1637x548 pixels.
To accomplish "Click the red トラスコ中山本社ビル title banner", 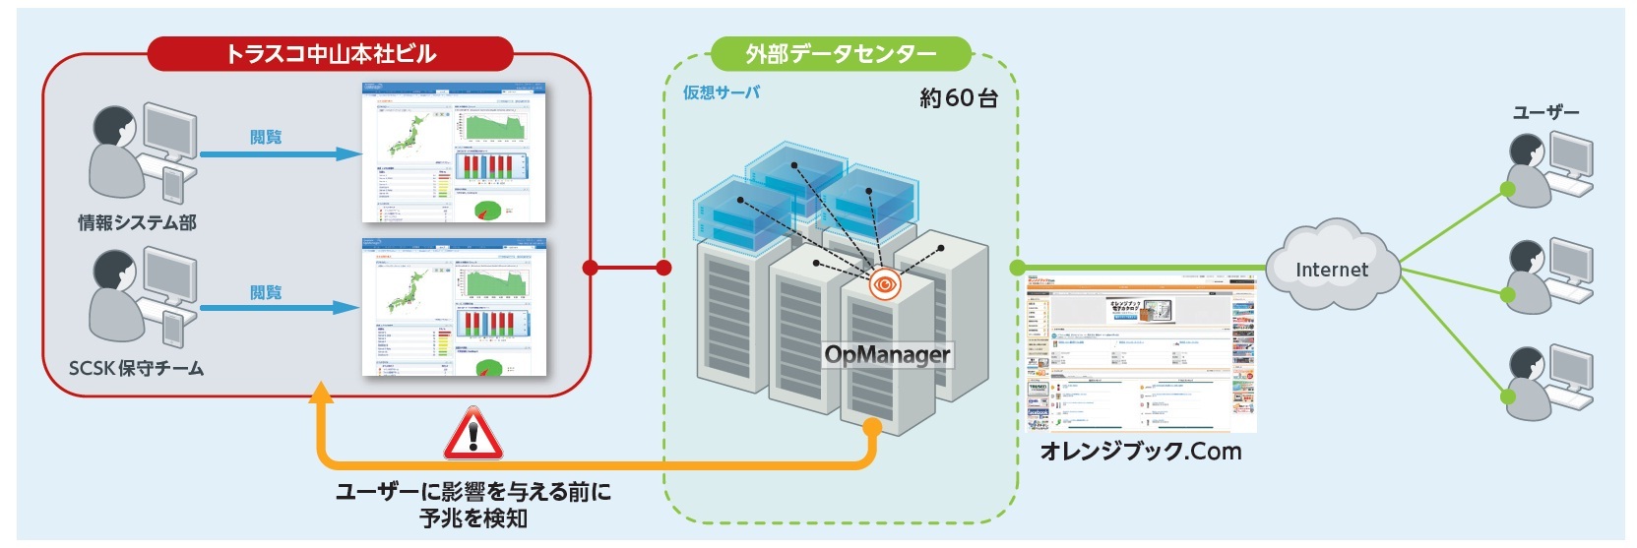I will pyautogui.click(x=330, y=54).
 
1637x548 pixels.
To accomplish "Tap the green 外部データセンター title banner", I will pyautogui.click(x=841, y=54).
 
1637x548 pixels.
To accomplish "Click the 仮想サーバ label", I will pyautogui.click(x=722, y=92).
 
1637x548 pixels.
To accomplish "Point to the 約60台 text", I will pyautogui.click(x=958, y=98).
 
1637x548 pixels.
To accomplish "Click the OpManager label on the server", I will pyautogui.click(x=887, y=354).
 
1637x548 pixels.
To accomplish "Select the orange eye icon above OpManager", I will pyautogui.click(x=885, y=285).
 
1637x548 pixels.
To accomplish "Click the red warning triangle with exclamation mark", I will pyautogui.click(x=473, y=435).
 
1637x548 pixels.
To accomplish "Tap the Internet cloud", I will pyautogui.click(x=1331, y=269).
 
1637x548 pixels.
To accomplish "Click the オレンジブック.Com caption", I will pyautogui.click(x=1141, y=452).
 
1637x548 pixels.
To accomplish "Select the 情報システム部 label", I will pyautogui.click(x=137, y=223).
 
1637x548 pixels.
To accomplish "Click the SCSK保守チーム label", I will pyautogui.click(x=136, y=369).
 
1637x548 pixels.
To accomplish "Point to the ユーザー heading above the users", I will pyautogui.click(x=1545, y=113).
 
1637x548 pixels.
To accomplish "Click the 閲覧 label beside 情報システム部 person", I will pyautogui.click(x=266, y=137).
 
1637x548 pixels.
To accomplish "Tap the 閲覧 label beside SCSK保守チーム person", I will pyautogui.click(x=266, y=292).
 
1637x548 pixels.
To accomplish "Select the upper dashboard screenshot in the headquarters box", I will pyautogui.click(x=454, y=152).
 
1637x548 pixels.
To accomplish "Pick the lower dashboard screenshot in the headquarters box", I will pyautogui.click(x=454, y=307).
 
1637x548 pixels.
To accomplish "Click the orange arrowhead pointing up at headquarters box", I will pyautogui.click(x=320, y=394).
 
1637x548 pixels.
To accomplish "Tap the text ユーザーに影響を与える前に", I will pyautogui.click(x=472, y=491).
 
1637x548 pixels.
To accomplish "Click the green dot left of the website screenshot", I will pyautogui.click(x=1018, y=268).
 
